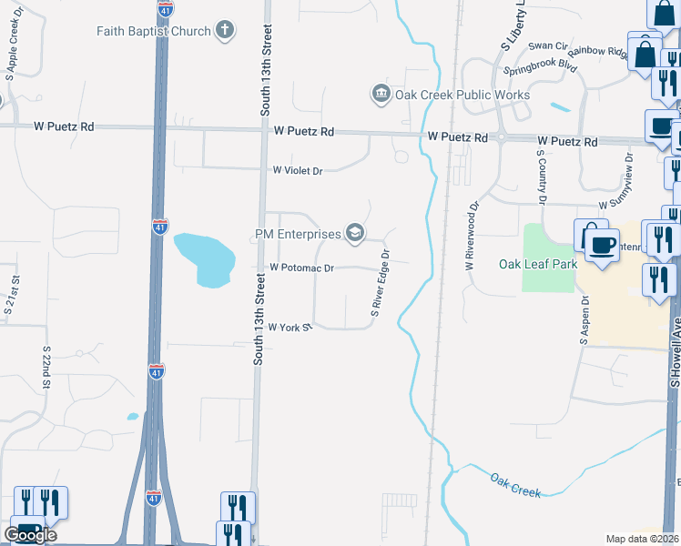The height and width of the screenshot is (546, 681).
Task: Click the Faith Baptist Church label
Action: tap(153, 31)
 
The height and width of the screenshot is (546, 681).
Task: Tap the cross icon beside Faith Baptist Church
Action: tap(224, 31)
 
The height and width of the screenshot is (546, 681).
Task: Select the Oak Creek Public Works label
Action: tap(462, 95)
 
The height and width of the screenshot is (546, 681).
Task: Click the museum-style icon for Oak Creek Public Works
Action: tap(381, 94)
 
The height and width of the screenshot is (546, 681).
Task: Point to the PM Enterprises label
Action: tap(297, 235)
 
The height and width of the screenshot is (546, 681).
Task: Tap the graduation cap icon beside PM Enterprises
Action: tap(355, 235)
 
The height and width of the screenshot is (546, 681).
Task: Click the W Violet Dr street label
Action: tap(298, 170)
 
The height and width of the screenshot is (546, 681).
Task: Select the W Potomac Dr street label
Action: tap(302, 268)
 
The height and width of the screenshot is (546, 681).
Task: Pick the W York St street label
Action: tap(290, 327)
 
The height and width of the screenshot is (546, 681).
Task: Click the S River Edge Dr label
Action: tap(381, 284)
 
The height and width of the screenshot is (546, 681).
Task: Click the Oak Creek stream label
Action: tap(515, 485)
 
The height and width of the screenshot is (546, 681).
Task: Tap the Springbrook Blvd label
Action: tap(541, 68)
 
